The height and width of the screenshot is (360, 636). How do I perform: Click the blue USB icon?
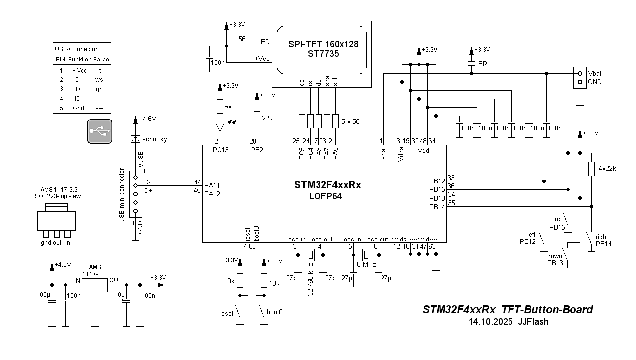click(x=100, y=131)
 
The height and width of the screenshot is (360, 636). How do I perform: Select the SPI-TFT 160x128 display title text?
click(x=323, y=44)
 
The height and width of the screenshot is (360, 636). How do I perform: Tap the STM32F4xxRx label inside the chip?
click(x=327, y=185)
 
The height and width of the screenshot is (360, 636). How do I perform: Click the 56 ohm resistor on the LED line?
click(x=242, y=46)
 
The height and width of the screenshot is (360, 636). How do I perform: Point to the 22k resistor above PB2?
click(x=257, y=118)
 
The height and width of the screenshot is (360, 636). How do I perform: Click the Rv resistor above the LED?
click(x=220, y=106)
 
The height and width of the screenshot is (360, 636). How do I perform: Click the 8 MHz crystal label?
click(x=366, y=265)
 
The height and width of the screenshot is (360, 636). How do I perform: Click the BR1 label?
click(x=484, y=64)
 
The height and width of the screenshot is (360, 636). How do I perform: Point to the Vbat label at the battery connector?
click(x=595, y=73)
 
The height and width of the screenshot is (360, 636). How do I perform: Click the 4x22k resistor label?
click(x=607, y=168)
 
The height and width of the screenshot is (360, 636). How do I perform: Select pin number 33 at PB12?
click(x=451, y=178)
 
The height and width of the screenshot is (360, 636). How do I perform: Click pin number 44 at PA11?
click(x=197, y=182)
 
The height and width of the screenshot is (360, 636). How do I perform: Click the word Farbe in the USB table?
click(x=101, y=59)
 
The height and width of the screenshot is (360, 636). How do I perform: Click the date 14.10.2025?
click(x=490, y=321)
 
